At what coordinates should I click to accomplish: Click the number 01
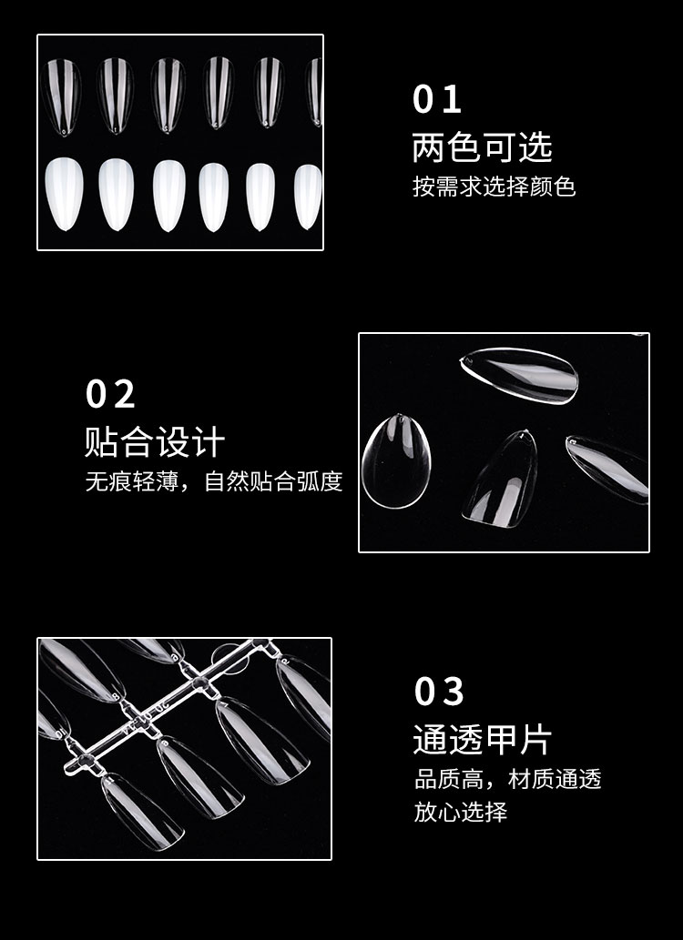point(436,99)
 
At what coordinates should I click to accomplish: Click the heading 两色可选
point(482,147)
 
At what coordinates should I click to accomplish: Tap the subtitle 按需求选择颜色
point(494,187)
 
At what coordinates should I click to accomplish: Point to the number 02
point(110,394)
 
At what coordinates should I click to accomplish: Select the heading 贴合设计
point(155,442)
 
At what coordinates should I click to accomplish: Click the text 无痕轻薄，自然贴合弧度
point(214,481)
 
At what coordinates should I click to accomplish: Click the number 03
point(439,692)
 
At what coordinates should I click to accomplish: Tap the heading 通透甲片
point(482,739)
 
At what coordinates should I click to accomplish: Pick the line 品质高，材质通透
point(508,779)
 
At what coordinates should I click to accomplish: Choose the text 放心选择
point(460,813)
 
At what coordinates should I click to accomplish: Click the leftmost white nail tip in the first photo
point(64,194)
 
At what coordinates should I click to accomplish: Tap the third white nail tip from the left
point(168,196)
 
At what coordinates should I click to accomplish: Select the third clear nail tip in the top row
point(168,95)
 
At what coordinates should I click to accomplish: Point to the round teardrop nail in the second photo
point(396,461)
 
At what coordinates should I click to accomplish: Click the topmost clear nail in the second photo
point(520,375)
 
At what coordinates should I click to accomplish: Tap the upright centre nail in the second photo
point(502,479)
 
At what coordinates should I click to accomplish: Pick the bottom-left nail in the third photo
point(142,811)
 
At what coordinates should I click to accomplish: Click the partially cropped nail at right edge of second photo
point(607,469)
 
